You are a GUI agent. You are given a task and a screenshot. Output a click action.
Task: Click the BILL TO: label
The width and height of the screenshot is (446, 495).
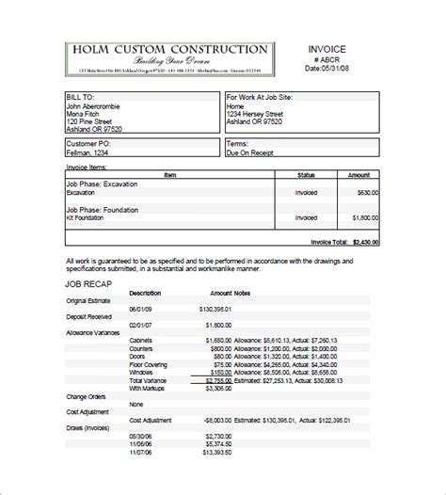(82, 96)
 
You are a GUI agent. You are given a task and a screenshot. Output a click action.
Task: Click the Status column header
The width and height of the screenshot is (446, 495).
(306, 174)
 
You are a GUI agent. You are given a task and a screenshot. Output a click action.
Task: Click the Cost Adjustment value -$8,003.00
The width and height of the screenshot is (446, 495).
(216, 422)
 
